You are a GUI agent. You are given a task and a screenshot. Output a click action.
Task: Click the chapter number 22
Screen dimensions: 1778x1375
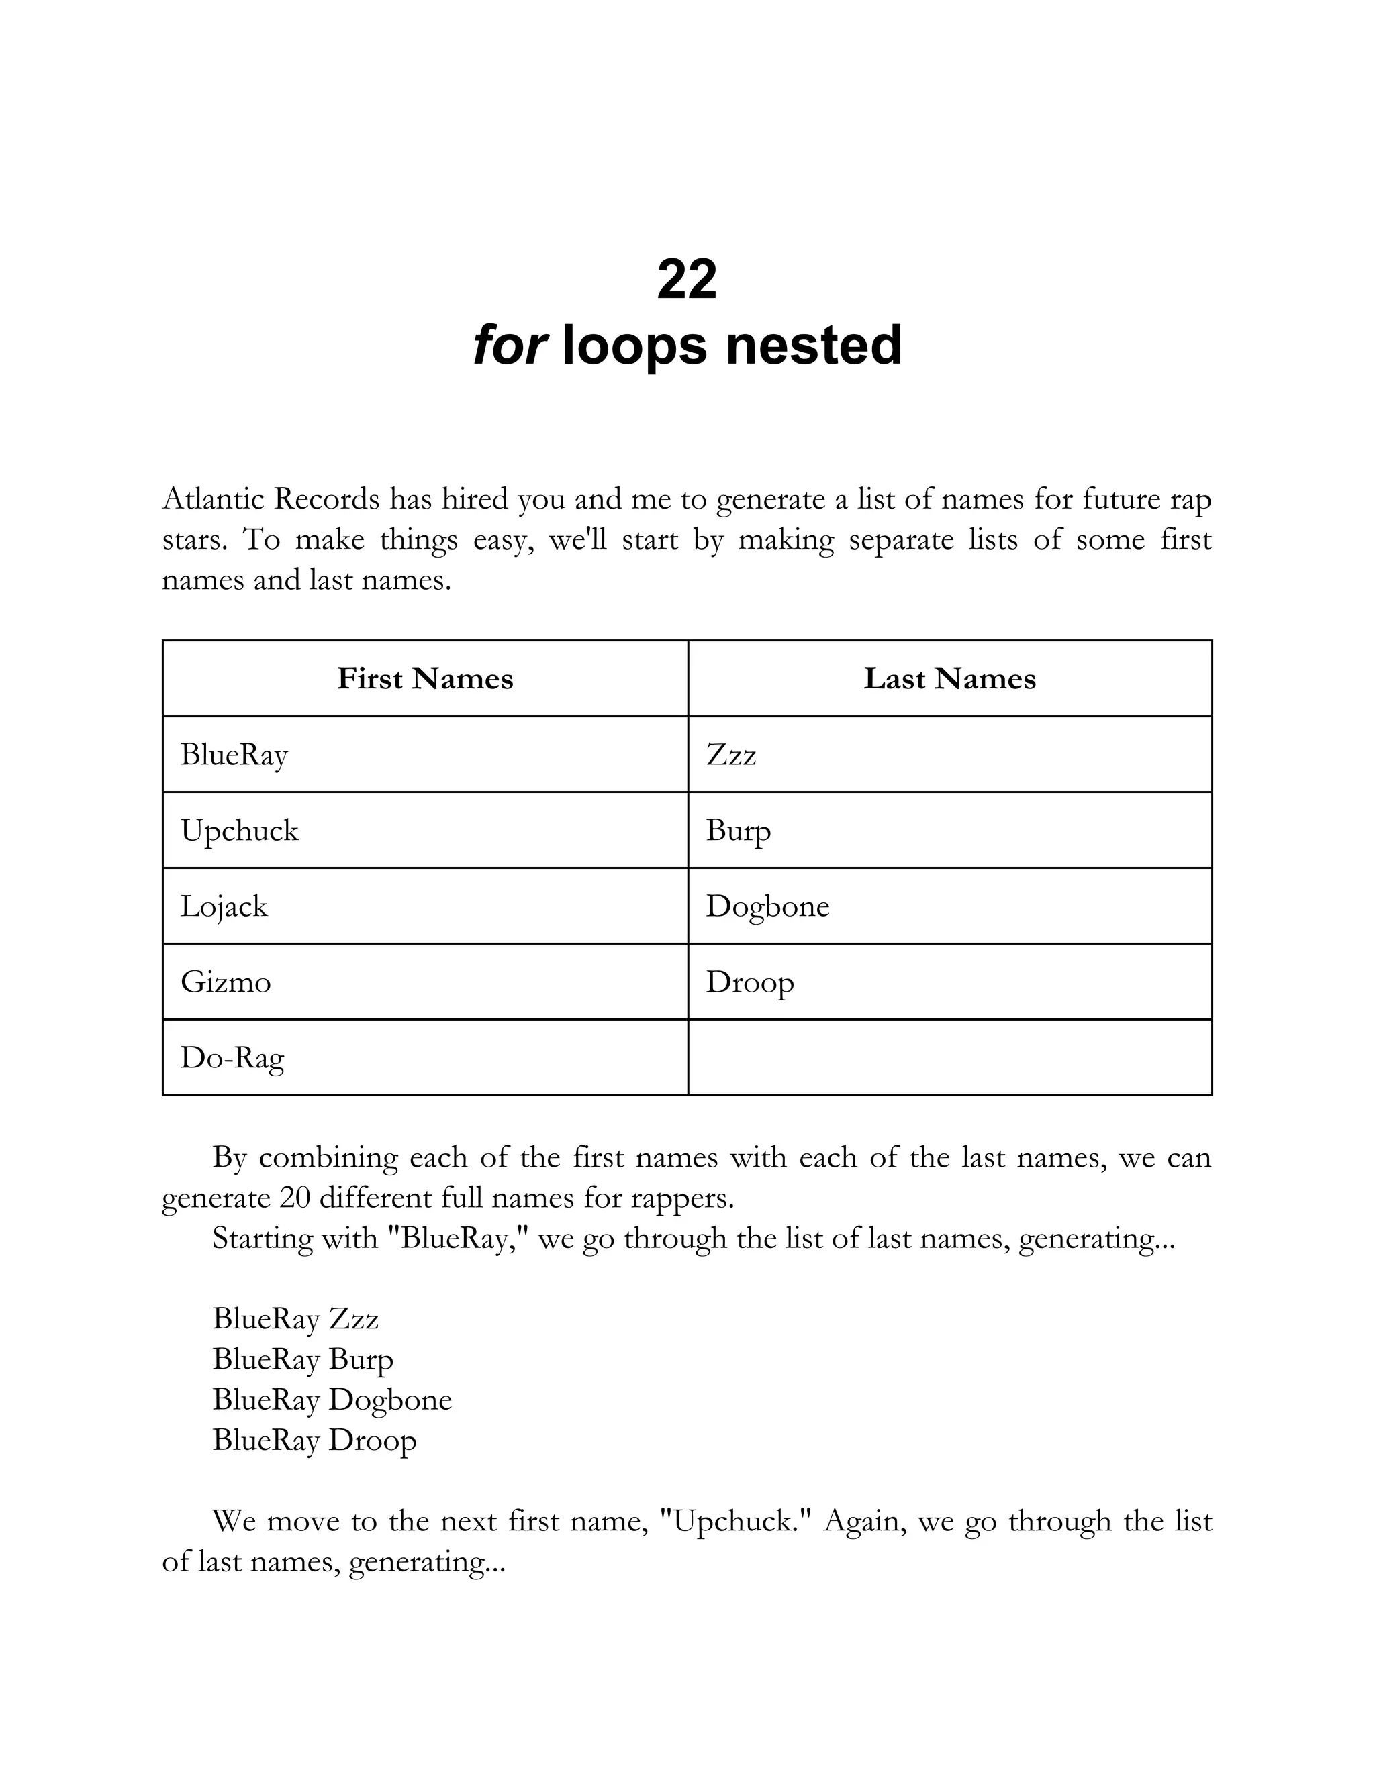(687, 279)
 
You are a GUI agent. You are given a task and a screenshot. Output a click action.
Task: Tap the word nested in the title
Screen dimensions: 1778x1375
(814, 345)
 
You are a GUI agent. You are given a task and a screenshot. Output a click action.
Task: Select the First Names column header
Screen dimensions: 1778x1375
(425, 679)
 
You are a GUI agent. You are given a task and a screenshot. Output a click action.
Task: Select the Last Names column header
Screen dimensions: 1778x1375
(950, 679)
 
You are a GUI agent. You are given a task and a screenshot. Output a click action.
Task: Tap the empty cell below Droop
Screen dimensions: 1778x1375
(950, 1057)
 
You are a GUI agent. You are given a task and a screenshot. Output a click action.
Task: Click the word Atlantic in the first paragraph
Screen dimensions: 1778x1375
(214, 499)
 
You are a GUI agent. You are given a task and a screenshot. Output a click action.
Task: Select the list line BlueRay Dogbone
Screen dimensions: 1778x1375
(332, 1400)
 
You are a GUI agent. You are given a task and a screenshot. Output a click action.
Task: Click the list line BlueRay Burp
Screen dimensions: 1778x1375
(303, 1359)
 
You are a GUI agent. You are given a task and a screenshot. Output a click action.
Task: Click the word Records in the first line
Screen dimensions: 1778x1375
(327, 499)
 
